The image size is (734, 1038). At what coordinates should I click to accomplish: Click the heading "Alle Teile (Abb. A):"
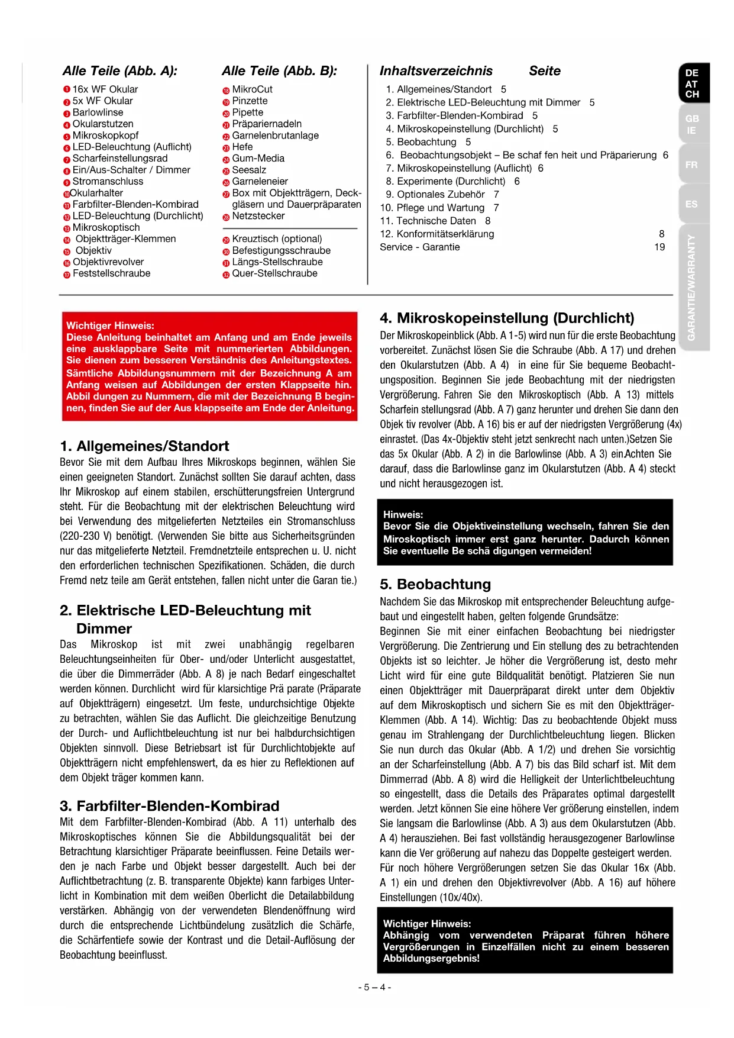(x=120, y=71)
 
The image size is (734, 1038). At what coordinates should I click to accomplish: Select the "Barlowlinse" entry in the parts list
(x=98, y=112)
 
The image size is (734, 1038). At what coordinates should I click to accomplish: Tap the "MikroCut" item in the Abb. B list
(x=252, y=89)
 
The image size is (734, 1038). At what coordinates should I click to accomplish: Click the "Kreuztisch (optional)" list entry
(x=277, y=239)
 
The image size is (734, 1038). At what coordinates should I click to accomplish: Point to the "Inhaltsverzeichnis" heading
(x=436, y=71)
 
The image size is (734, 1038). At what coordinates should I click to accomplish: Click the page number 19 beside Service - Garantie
(x=659, y=247)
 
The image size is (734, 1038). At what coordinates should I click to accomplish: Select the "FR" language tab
(x=691, y=165)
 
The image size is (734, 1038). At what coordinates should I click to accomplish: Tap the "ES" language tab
(x=691, y=204)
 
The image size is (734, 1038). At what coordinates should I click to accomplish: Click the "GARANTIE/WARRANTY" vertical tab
(x=691, y=288)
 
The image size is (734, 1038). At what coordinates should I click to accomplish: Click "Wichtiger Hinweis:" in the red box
(x=110, y=325)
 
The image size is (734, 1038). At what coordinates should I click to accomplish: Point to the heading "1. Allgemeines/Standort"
(x=144, y=446)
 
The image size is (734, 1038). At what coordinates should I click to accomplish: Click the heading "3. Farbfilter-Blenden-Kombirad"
(x=169, y=806)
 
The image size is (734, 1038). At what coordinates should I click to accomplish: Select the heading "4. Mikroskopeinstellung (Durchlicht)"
(x=507, y=318)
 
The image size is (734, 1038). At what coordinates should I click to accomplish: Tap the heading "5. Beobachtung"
(x=435, y=585)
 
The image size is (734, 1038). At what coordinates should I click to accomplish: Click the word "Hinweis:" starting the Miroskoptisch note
(x=403, y=515)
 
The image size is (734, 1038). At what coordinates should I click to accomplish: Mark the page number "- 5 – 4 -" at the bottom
(x=375, y=987)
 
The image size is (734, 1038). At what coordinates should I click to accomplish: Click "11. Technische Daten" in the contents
(x=429, y=221)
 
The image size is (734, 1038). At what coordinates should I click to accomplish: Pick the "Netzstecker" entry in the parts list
(x=258, y=216)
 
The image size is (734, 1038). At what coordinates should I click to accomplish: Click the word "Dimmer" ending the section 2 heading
(x=104, y=628)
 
